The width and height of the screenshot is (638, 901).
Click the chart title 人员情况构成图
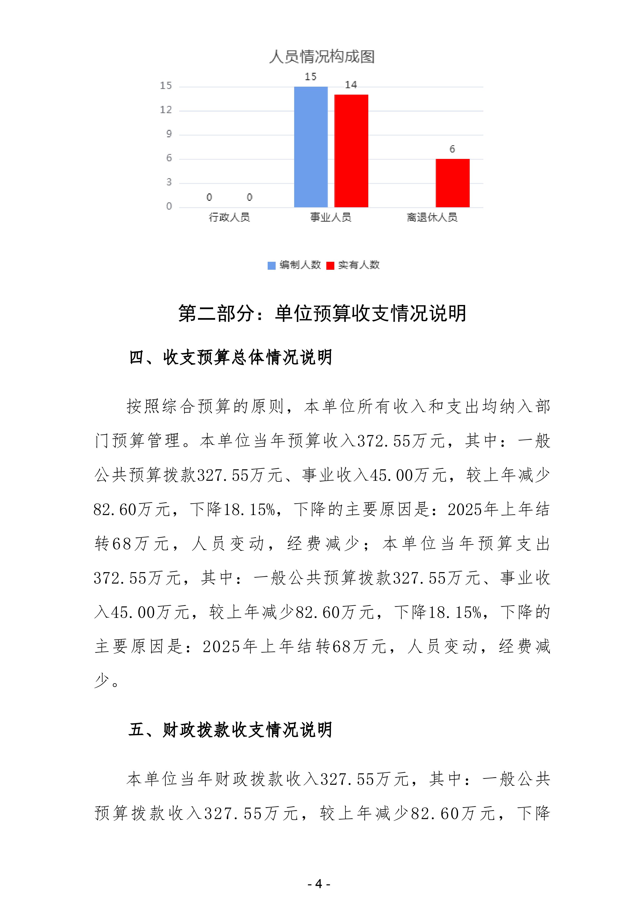coord(321,57)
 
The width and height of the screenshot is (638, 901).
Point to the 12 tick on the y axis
coord(166,110)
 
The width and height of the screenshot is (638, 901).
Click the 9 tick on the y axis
coord(169,134)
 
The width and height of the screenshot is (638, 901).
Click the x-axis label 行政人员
coord(229,217)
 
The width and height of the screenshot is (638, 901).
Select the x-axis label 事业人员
coord(330,217)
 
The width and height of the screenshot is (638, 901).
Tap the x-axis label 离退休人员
coord(432,217)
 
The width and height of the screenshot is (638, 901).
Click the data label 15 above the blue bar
coord(310,77)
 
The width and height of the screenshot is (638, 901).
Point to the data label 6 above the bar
coord(452,149)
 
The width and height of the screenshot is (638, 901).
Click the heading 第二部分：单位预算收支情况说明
coord(322,313)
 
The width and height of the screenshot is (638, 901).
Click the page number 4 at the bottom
coord(319,884)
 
